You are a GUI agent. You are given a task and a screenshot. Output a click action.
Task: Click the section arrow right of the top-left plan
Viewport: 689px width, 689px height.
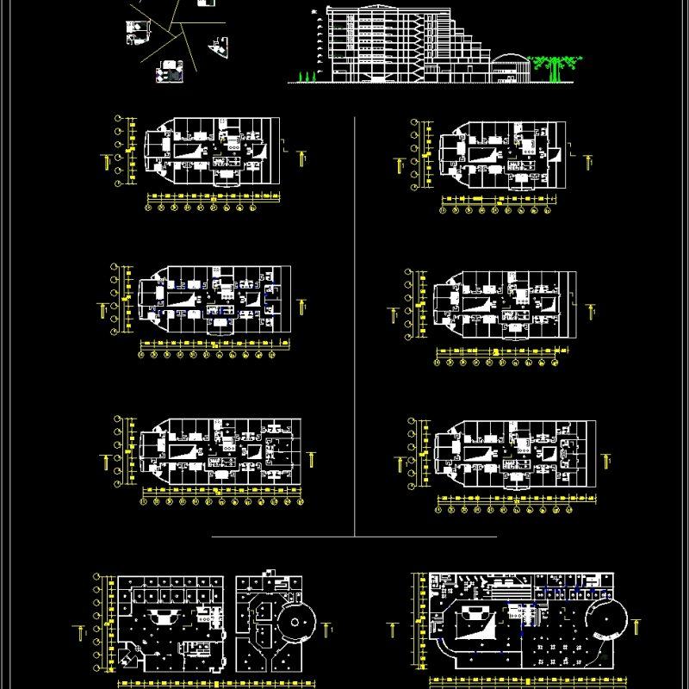coord(301,158)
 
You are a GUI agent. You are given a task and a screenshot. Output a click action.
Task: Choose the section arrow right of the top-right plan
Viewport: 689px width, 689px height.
coord(588,160)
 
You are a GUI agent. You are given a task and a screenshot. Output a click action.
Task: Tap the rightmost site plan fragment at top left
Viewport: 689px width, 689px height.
coord(219,47)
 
